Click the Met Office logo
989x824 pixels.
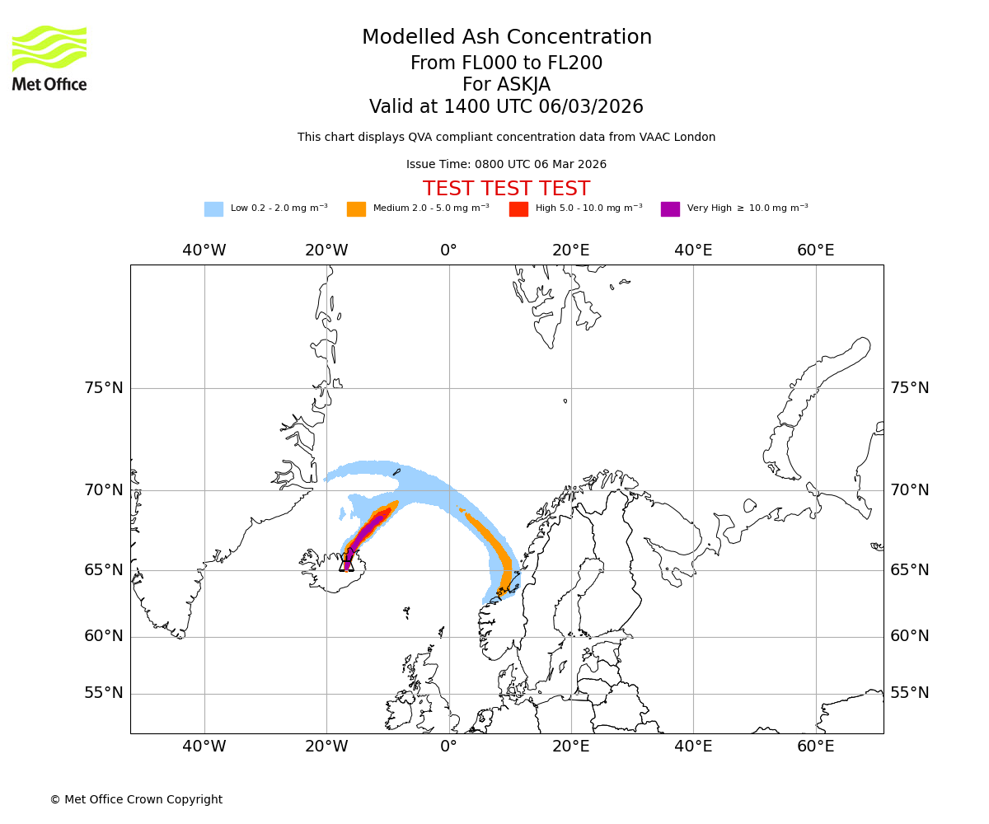[x=49, y=58]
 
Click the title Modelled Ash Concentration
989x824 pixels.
[x=507, y=37]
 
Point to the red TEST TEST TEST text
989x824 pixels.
[x=506, y=189]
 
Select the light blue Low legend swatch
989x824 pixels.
[x=213, y=208]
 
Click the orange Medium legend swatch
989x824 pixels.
[x=356, y=208]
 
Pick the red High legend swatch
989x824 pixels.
[x=518, y=208]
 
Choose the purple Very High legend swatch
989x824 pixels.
[x=670, y=208]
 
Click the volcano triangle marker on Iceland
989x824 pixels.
[x=347, y=564]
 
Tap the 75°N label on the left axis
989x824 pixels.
[x=104, y=388]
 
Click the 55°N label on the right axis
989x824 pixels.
[x=910, y=693]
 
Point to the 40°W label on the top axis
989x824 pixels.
[x=204, y=250]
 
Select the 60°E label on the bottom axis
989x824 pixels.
[x=816, y=747]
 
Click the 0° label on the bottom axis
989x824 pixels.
[x=448, y=747]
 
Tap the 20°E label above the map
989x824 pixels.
[x=571, y=250]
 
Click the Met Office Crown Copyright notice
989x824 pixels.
[x=136, y=799]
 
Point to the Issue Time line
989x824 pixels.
[x=506, y=164]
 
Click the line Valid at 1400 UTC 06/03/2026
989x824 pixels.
[x=506, y=106]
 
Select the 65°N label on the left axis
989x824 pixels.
[x=104, y=570]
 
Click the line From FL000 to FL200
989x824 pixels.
[x=506, y=63]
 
